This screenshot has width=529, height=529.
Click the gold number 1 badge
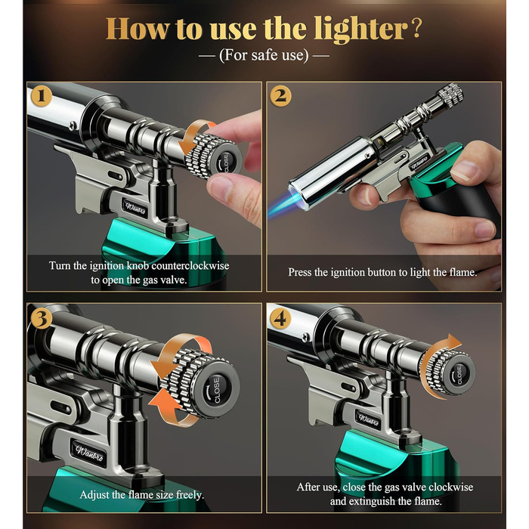(41, 96)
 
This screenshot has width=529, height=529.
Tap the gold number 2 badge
(280, 96)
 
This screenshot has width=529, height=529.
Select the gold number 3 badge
(41, 318)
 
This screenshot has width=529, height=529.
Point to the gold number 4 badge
(280, 318)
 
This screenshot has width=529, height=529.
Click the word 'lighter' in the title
(361, 30)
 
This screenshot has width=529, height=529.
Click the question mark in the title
(417, 29)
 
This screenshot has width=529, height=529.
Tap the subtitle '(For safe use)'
(264, 55)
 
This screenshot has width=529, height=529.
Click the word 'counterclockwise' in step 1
(190, 265)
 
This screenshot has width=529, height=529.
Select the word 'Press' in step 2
(300, 272)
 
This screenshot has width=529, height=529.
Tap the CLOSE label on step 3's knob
(217, 391)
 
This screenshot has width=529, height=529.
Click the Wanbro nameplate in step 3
(89, 453)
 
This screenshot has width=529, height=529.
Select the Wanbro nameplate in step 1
(135, 207)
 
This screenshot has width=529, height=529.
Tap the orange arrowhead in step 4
(453, 341)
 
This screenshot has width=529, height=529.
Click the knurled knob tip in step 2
(450, 94)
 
